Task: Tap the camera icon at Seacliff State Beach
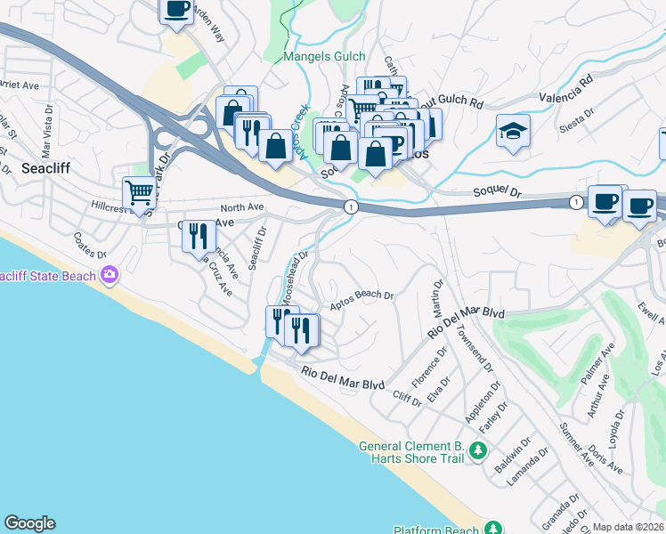[110, 275]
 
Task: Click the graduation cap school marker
[514, 132]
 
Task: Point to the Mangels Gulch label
[323, 57]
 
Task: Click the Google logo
[29, 523]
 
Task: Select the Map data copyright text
[629, 527]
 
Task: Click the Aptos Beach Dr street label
[362, 300]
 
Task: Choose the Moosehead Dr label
[293, 273]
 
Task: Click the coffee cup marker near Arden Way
[175, 11]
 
